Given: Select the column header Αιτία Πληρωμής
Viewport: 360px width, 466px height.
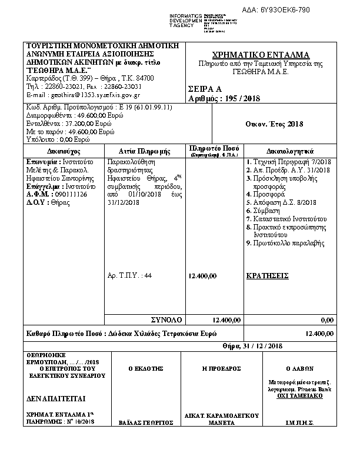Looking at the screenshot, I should (x=144, y=151).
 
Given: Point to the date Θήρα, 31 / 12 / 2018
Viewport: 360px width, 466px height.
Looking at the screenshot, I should (x=254, y=346).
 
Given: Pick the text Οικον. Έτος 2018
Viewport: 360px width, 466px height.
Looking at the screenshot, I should (x=274, y=124).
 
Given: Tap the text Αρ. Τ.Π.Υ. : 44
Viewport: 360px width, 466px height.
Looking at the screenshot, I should (x=131, y=275).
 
